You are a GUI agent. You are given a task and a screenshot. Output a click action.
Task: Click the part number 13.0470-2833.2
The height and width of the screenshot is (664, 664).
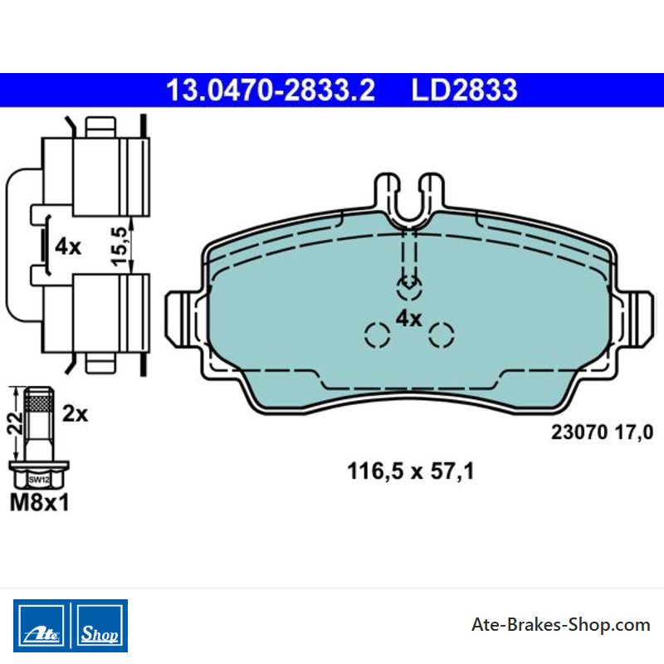pos(271,90)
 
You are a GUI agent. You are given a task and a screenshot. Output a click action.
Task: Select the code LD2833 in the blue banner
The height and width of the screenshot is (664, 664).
pos(464,90)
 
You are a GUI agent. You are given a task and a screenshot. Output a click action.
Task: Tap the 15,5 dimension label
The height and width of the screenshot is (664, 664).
pos(120,247)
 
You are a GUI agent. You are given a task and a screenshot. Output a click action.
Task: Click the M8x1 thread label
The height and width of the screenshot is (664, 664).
pos(39,503)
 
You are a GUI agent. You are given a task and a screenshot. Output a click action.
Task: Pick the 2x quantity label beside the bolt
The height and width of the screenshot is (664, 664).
pos(75,413)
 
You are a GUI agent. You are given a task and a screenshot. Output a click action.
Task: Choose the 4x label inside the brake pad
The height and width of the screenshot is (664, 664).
pos(408,319)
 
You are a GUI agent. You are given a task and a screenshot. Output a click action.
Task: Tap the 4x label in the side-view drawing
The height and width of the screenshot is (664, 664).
pos(68,247)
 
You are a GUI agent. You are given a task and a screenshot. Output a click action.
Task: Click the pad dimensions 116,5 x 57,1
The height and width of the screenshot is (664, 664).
pos(410,471)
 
